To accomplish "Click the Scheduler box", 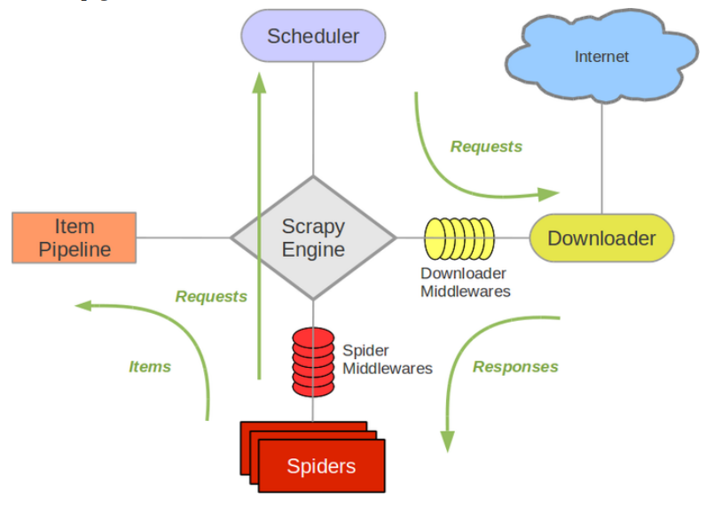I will (x=313, y=36).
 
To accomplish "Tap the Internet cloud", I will (x=601, y=57).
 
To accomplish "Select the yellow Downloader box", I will (x=601, y=238).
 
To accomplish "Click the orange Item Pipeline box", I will (x=74, y=238).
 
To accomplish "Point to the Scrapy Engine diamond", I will (x=313, y=238).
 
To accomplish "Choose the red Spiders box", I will (x=320, y=465).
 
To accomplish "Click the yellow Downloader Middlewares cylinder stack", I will (x=458, y=238).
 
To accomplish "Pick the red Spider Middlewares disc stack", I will (x=313, y=361).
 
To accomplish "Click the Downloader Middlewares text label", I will (x=465, y=282).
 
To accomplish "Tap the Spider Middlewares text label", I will (x=387, y=359).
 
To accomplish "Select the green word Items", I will (x=150, y=366).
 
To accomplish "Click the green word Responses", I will (x=515, y=366).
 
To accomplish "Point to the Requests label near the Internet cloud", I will (x=486, y=146).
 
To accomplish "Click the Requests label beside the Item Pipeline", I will (x=211, y=296).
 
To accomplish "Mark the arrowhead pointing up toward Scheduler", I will (x=259, y=81).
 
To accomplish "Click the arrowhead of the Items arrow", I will (x=83, y=306).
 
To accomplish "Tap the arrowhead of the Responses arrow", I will (x=447, y=441).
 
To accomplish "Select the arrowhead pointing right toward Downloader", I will (x=551, y=192).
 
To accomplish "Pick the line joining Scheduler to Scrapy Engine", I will (x=313, y=115).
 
